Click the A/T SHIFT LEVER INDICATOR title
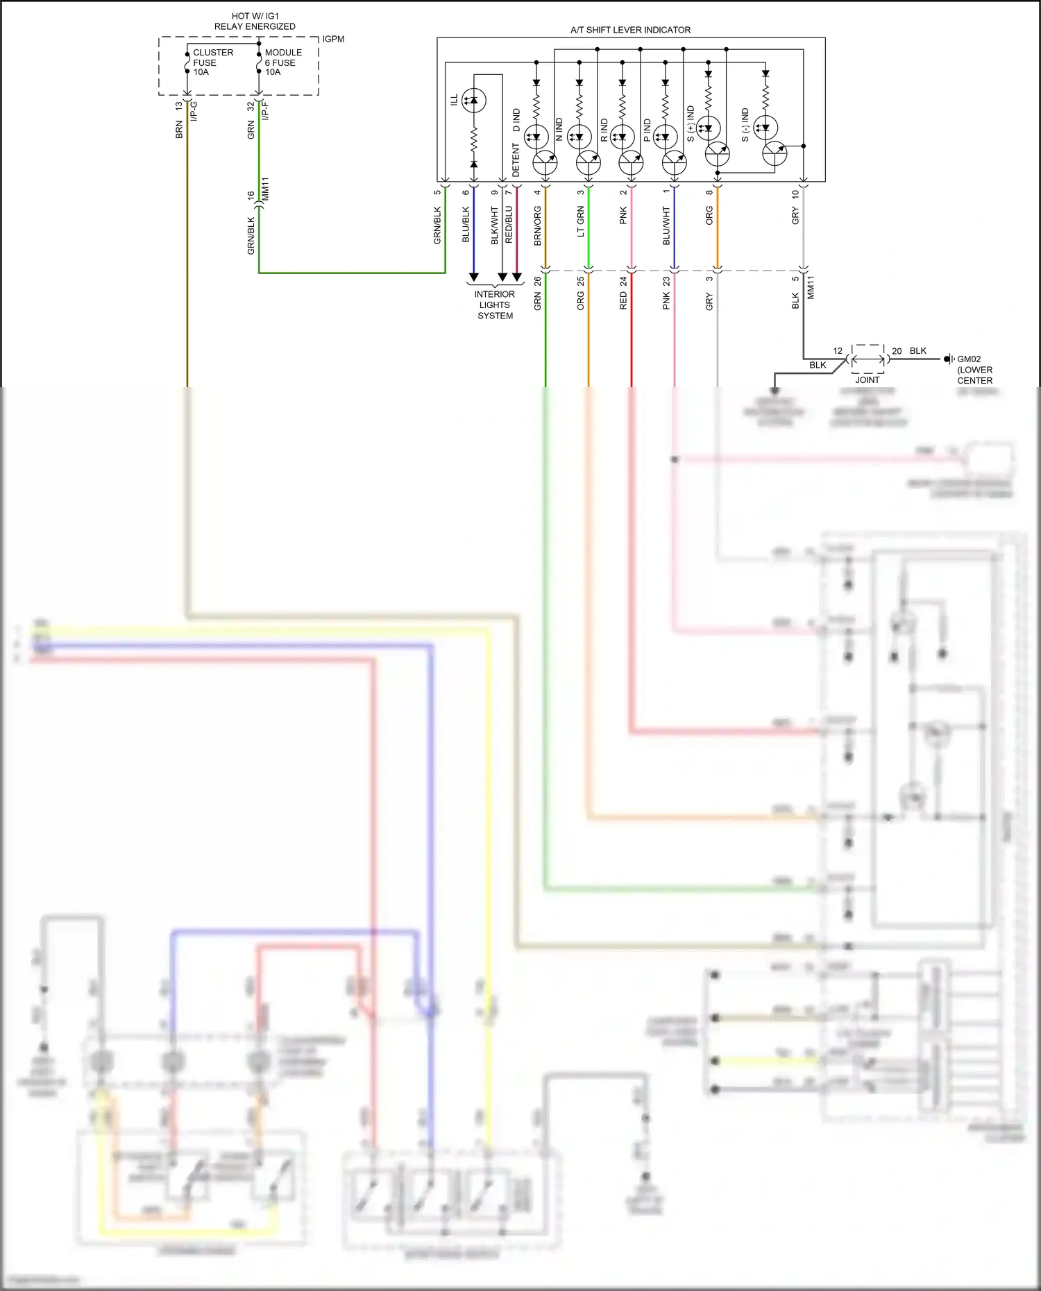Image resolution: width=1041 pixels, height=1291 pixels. coord(630,30)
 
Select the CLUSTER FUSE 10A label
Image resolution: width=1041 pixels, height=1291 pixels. coord(212,62)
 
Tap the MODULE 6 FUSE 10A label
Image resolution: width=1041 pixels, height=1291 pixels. coord(283,62)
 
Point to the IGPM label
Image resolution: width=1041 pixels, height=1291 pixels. coord(333,39)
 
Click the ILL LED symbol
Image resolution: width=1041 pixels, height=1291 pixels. coord(473,101)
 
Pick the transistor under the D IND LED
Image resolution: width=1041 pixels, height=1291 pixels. coord(545,163)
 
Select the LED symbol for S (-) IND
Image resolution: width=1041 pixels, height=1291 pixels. coord(765,128)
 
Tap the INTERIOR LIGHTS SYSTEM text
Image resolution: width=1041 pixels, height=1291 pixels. coord(495,305)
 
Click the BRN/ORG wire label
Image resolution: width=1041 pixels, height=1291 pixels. coord(538,225)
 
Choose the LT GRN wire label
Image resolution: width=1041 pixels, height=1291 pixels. coord(581,222)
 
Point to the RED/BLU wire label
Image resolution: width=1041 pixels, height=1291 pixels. coord(509,224)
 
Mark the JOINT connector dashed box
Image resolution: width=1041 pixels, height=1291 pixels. coord(867,359)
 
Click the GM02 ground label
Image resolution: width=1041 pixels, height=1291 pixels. coord(969,359)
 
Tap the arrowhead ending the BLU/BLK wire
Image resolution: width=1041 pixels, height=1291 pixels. coord(474,277)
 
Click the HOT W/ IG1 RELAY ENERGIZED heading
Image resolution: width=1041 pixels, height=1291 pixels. coord(255,21)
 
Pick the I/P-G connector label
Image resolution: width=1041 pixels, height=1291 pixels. coord(194,112)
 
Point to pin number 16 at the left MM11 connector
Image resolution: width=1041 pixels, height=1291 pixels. coord(251,196)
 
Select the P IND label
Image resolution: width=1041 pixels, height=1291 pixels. coord(648,130)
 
